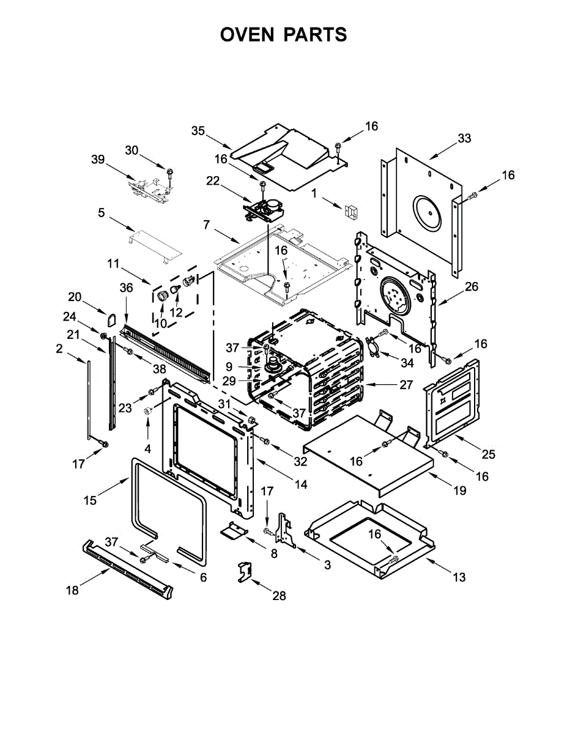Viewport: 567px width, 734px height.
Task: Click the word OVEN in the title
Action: tap(247, 35)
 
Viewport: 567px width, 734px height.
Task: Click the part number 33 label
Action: tap(464, 138)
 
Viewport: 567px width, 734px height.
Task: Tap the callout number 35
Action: tap(198, 130)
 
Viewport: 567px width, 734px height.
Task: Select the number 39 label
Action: tap(98, 159)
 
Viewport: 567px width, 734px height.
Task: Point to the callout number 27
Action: tap(406, 385)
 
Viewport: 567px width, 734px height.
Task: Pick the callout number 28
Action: tap(279, 595)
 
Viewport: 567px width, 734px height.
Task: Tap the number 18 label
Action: tap(72, 590)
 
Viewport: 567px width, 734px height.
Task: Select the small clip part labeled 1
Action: tap(352, 212)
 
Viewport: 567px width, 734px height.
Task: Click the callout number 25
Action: tap(488, 454)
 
